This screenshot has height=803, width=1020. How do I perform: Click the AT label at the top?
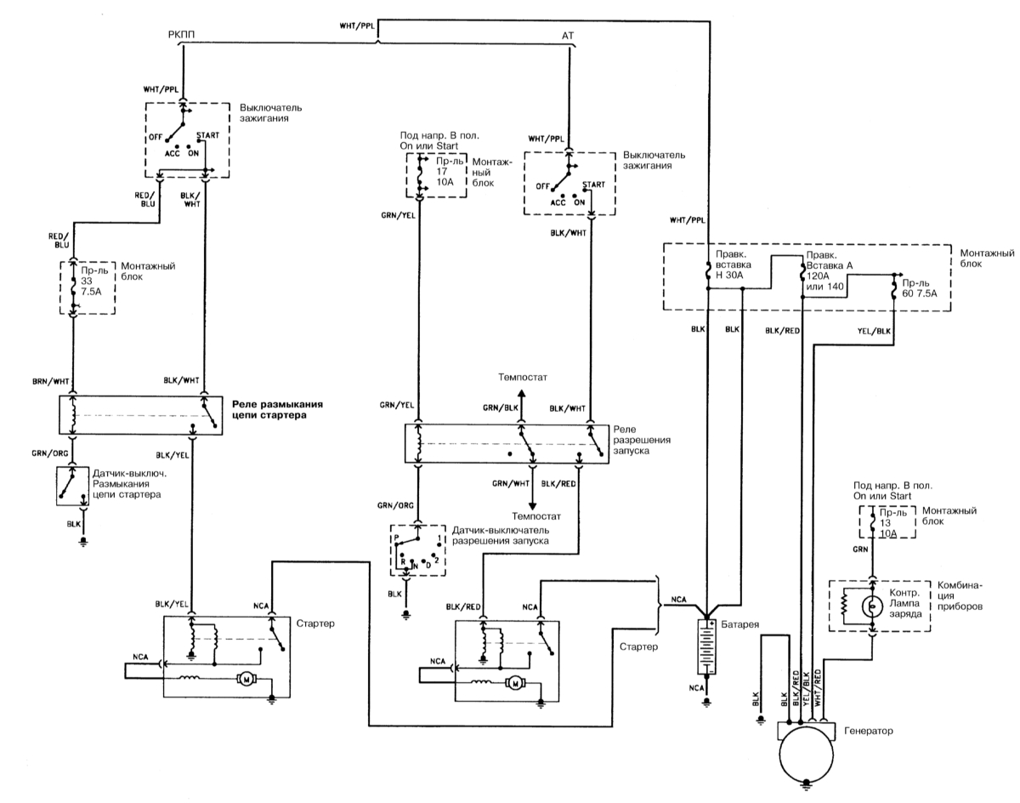(x=568, y=36)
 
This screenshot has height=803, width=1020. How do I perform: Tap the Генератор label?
(x=870, y=731)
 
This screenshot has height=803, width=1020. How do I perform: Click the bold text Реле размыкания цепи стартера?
(x=280, y=410)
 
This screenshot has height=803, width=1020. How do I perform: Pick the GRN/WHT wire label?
(x=509, y=483)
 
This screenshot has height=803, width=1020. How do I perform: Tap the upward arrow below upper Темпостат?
(x=523, y=393)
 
